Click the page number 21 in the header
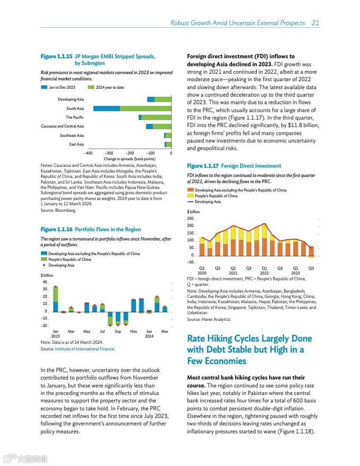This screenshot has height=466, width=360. [315, 23]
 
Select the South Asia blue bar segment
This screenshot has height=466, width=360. [106, 109]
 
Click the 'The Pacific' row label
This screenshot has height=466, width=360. [75, 117]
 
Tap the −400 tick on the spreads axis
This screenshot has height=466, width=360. [88, 153]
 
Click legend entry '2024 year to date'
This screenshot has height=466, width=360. [110, 87]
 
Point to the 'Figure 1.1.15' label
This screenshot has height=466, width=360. [56, 56]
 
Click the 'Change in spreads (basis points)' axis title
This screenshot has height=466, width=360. [129, 159]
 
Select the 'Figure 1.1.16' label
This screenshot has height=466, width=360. [56, 229]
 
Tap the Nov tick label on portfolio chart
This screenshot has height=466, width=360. [134, 331]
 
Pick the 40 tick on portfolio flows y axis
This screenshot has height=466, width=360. [45, 282]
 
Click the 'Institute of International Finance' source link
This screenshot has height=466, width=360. [85, 349]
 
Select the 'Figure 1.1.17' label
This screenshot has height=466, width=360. [203, 166]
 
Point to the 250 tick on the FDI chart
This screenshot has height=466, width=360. [191, 219]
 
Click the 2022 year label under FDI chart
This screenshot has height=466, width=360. [264, 273]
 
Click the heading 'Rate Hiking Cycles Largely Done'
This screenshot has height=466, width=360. [249, 339]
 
